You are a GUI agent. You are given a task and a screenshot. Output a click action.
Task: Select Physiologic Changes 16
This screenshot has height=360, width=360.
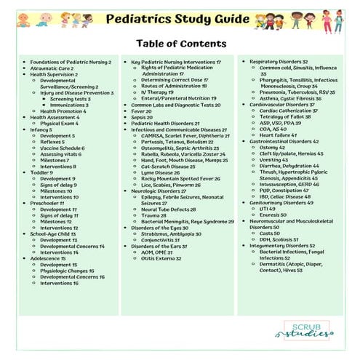72,271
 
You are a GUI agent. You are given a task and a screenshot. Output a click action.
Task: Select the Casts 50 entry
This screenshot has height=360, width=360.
265,233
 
